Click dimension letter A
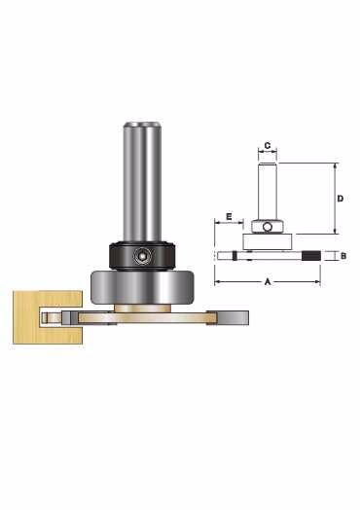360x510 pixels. pos(268,281)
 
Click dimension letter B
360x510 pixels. pos(343,256)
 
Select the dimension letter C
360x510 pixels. pos(268,145)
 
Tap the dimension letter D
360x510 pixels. pos(341,199)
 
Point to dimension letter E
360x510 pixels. pos(229,216)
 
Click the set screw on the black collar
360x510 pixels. pos(142,256)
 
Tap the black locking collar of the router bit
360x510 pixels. pos(142,256)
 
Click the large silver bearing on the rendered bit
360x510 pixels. pos(142,287)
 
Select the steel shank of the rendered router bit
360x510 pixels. pos(142,182)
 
